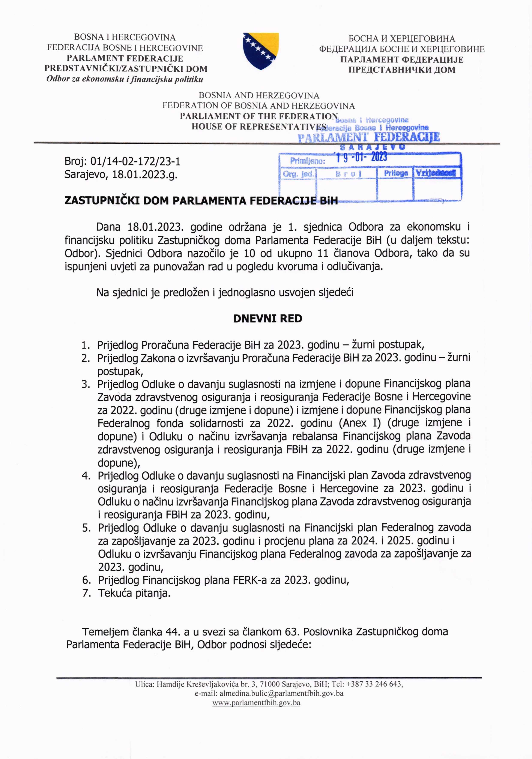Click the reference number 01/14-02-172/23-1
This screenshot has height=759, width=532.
coord(135,161)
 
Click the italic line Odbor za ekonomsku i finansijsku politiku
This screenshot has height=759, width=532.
coord(125,79)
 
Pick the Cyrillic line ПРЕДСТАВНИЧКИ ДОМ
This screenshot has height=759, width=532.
coord(402,70)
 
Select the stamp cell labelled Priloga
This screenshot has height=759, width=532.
coord(396,173)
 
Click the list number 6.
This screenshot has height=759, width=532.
coord(86,580)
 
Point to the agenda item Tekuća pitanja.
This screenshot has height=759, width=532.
coord(134,593)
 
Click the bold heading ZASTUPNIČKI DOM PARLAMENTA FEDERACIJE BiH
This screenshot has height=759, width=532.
coord(201,201)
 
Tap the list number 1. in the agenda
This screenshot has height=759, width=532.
coord(86,345)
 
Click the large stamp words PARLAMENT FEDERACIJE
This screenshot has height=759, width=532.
coord(369,137)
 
